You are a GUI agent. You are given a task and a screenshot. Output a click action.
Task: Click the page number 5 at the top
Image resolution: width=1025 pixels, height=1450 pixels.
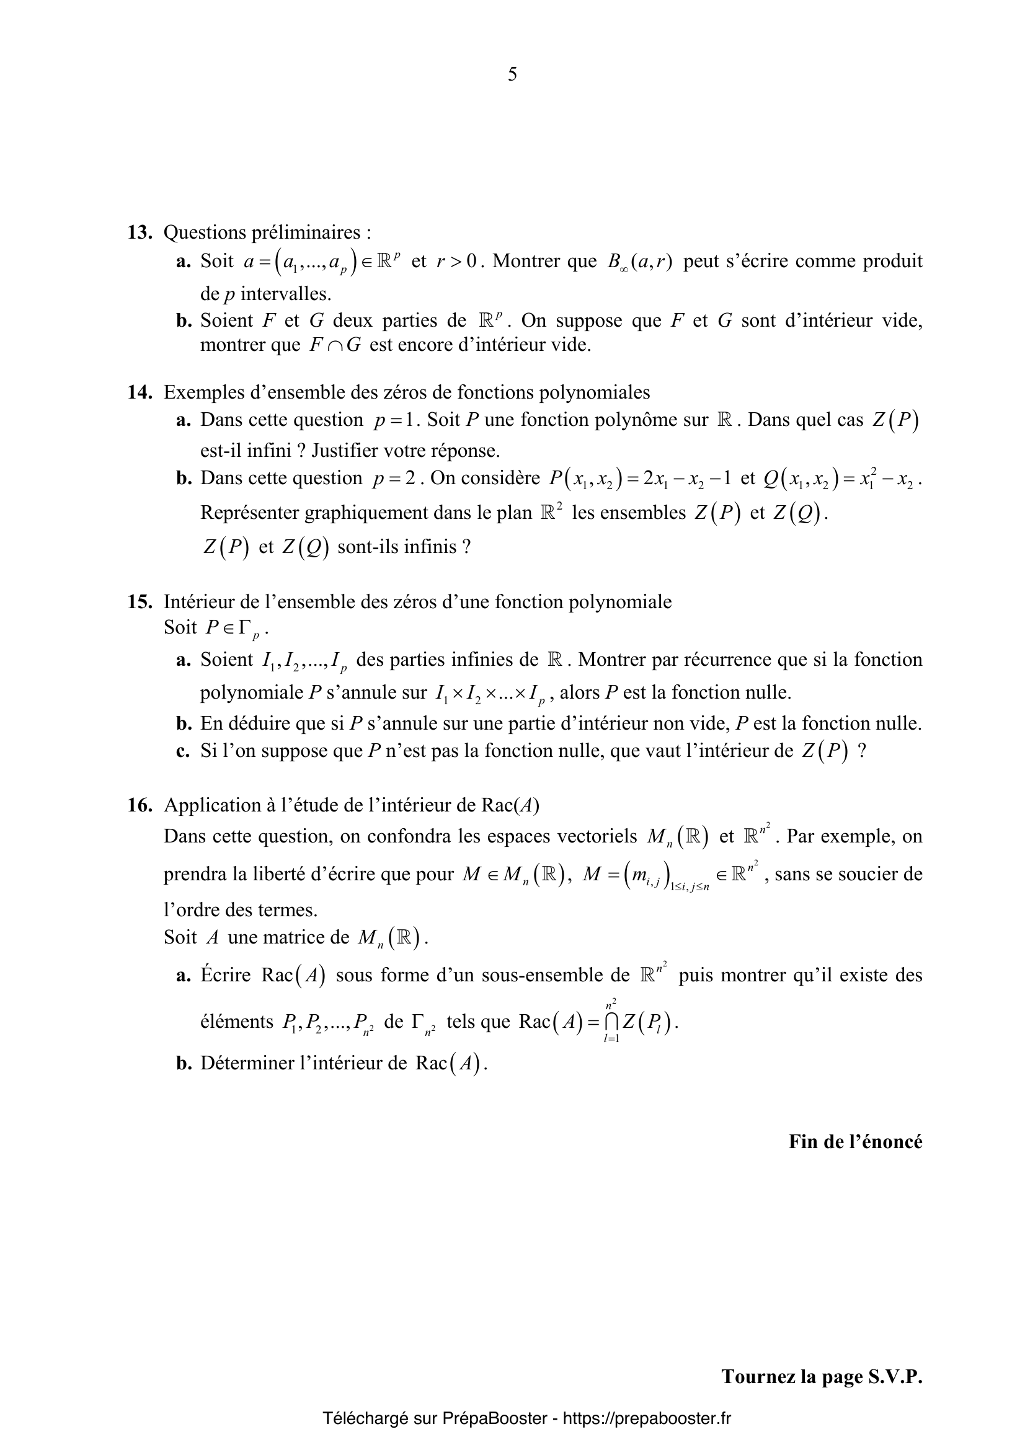coord(512,75)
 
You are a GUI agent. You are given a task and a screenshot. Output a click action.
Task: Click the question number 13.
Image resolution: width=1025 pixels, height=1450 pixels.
coord(140,233)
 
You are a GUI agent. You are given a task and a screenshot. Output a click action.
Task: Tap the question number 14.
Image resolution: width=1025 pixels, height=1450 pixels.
coord(140,392)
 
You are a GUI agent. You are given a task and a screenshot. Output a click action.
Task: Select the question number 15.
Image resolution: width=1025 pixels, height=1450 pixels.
coord(140,602)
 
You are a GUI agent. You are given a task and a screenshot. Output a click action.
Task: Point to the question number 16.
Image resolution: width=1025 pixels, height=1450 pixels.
coord(140,805)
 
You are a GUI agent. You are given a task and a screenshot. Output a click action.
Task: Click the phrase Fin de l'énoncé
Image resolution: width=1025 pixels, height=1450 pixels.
coord(855,1141)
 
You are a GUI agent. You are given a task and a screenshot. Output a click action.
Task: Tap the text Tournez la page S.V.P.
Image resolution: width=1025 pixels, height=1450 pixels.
coord(822,1376)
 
